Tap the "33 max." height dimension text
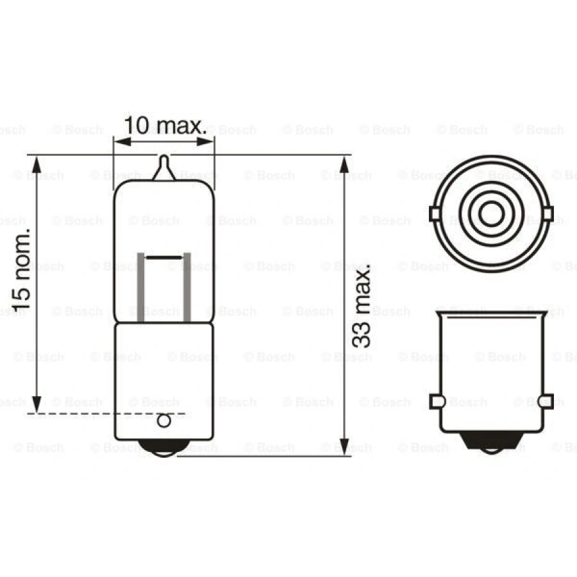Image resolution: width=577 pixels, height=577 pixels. (x=363, y=307)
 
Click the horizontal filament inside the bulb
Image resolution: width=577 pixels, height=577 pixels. (x=164, y=256)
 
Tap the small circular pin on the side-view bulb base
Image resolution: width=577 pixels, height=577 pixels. (x=164, y=421)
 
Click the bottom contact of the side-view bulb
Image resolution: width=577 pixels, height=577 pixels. (x=164, y=449)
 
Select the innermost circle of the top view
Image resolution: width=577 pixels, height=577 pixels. (x=490, y=212)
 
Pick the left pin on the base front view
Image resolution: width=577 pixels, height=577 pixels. (x=438, y=401)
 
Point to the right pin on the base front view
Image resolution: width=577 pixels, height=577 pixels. (x=544, y=401)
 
